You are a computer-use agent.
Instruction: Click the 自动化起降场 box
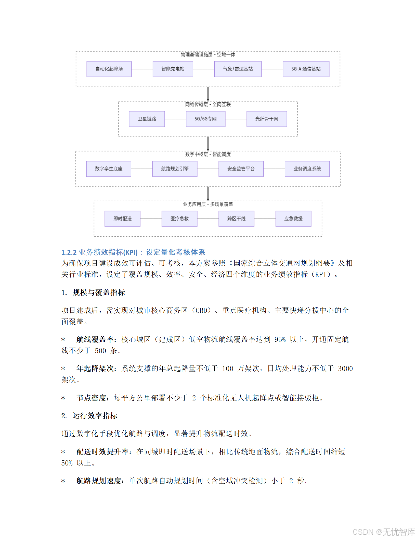(x=109, y=69)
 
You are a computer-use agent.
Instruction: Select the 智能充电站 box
(x=173, y=69)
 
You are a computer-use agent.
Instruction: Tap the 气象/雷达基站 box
(x=238, y=69)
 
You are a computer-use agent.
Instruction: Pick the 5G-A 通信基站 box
(x=306, y=69)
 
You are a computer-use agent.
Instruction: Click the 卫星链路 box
(x=147, y=119)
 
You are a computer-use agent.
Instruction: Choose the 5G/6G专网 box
(x=205, y=119)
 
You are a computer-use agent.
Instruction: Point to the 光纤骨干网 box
(x=267, y=119)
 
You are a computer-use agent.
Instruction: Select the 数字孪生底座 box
(x=109, y=169)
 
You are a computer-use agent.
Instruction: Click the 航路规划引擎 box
(x=175, y=169)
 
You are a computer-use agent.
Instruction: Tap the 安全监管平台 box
(x=241, y=169)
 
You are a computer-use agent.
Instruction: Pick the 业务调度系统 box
(x=307, y=169)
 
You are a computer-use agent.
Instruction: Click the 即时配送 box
(x=122, y=219)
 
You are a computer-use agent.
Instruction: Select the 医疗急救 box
(x=179, y=219)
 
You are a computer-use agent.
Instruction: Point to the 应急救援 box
(x=293, y=219)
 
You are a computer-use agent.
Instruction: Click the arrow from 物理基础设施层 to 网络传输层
(x=208, y=94)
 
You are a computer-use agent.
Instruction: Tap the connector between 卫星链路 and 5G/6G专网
(x=175, y=119)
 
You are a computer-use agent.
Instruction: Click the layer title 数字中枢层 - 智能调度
(x=208, y=154)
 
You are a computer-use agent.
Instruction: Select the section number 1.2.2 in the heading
(x=69, y=252)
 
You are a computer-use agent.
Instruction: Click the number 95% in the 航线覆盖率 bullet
(x=280, y=340)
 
